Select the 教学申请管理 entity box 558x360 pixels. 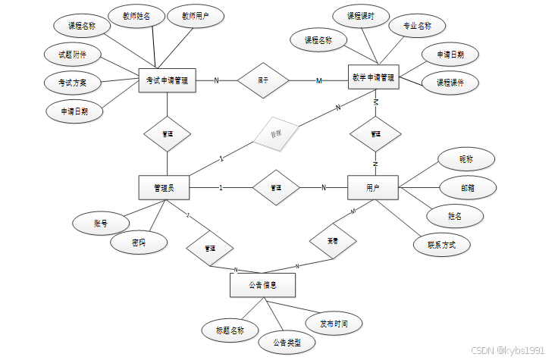(372, 77)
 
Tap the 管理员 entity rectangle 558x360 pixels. (164, 187)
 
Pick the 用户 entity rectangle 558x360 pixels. (372, 187)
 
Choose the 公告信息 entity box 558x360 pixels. (262, 285)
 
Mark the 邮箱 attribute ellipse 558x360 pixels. (468, 187)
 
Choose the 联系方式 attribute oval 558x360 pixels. (440, 244)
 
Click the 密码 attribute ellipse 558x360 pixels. (138, 243)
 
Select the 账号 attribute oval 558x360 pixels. (100, 224)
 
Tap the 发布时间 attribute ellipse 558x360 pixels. (334, 324)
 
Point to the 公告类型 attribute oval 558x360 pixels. (281, 343)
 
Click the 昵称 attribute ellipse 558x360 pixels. (466, 159)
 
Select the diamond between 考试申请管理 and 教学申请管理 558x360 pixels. (263, 80)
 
